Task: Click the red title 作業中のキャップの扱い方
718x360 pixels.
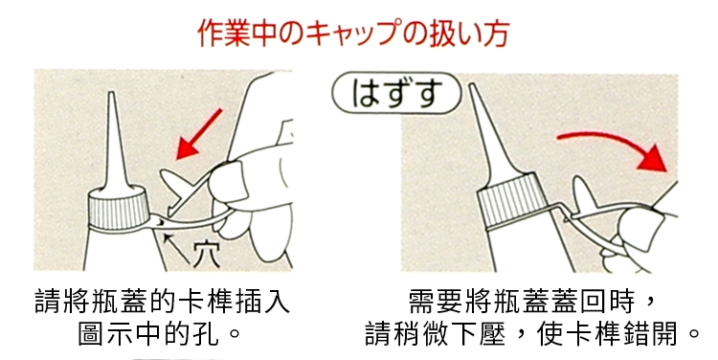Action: [353, 33]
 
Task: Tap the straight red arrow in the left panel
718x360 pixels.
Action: [199, 134]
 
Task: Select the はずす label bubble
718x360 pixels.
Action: [396, 93]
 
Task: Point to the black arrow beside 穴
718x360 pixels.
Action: [176, 249]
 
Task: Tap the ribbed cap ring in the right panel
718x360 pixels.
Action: [513, 201]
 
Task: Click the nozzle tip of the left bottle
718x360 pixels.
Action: [111, 94]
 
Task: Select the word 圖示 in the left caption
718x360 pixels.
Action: [106, 334]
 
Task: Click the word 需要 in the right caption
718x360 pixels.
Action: [435, 302]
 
